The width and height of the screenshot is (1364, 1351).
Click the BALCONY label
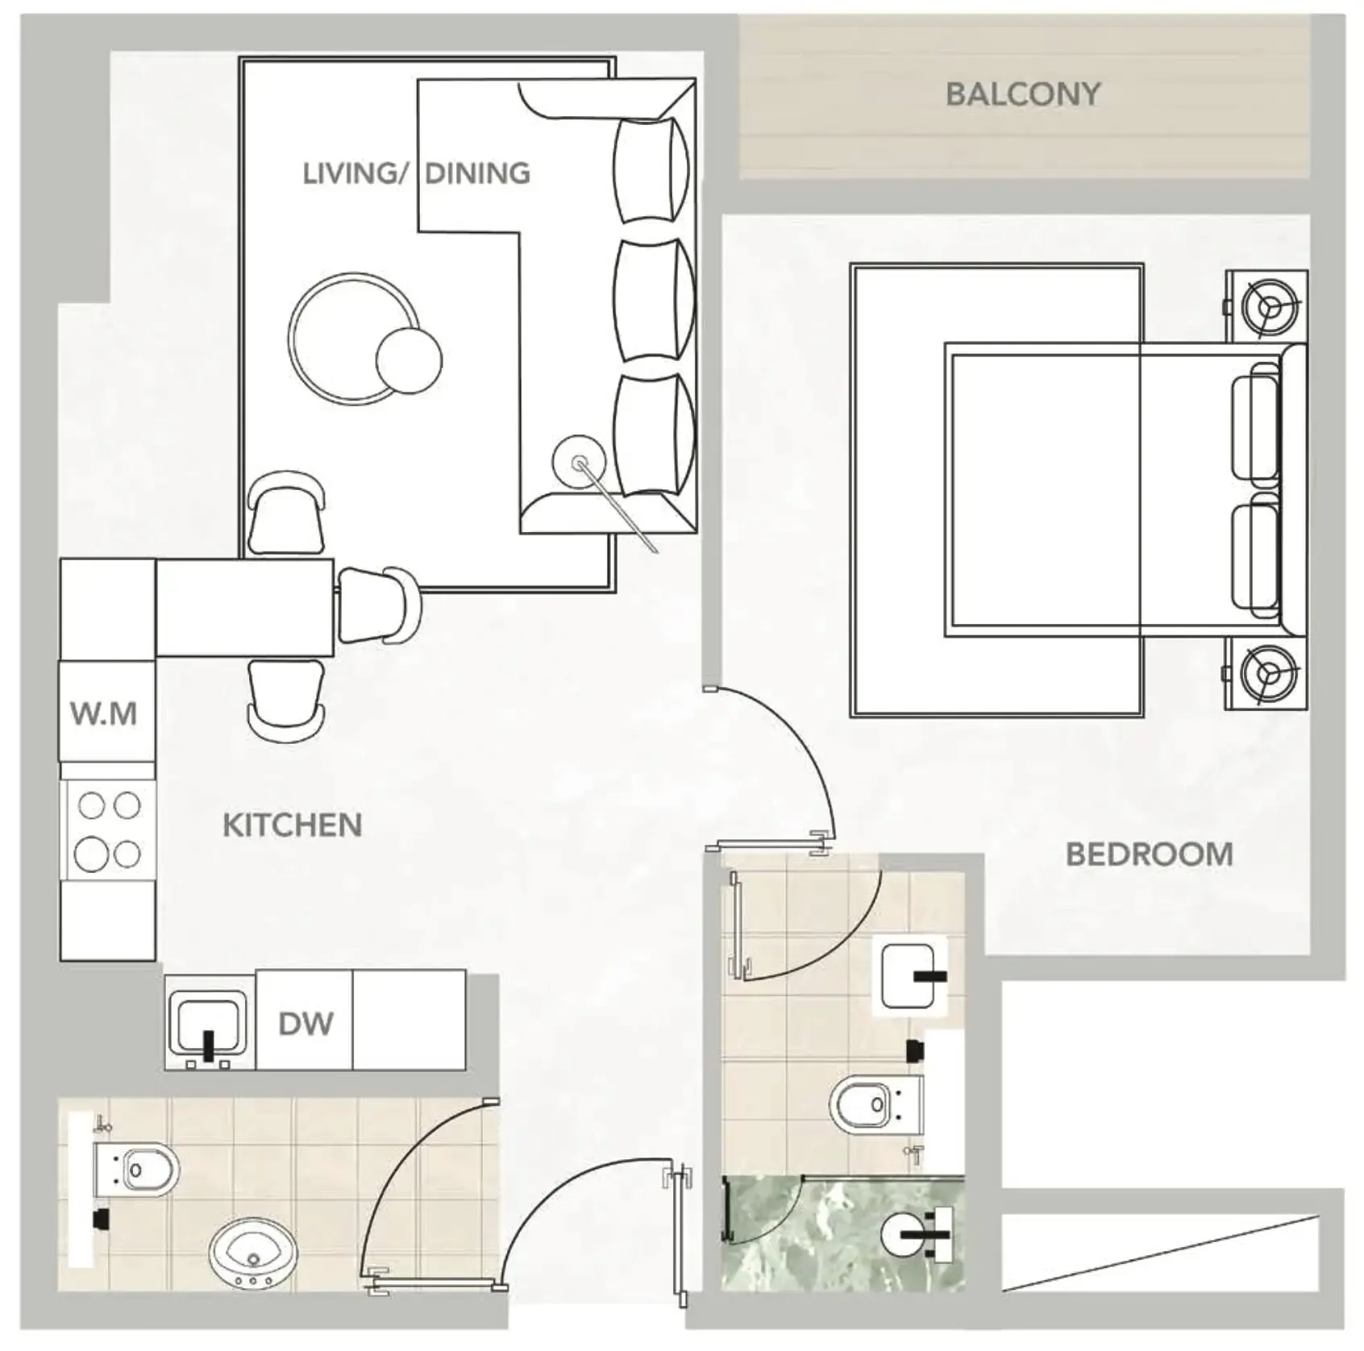point(1022,94)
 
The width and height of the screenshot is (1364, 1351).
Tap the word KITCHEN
point(292,825)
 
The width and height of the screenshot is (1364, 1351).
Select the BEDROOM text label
point(1149,854)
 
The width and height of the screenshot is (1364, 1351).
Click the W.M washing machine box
point(106,713)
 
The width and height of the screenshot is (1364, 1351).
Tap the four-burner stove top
point(108,829)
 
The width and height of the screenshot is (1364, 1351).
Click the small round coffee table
point(409,360)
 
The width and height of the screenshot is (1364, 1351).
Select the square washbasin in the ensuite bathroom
point(909,975)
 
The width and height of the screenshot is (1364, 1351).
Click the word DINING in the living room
point(477,173)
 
